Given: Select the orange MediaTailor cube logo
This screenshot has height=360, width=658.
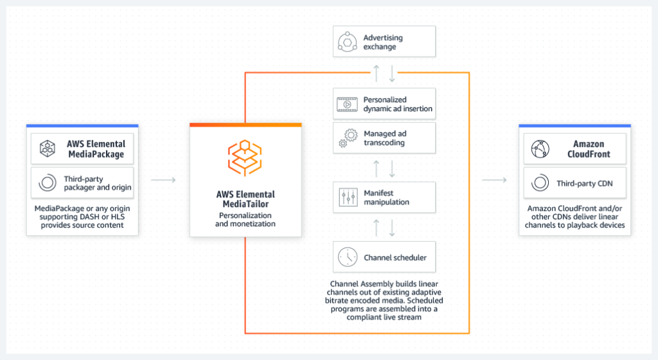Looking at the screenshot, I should tap(245, 158).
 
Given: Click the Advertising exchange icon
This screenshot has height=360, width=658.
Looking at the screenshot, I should tap(348, 42).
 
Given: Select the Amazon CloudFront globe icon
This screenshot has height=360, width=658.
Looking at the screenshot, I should tap(540, 149).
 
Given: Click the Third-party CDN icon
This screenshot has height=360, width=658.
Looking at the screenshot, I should tap(540, 183).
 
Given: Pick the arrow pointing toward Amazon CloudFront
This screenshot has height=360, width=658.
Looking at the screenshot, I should tap(494, 180).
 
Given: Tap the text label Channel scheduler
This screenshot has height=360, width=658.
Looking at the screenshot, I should tap(395, 258).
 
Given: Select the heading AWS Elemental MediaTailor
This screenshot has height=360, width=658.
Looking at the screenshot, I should tap(245, 199).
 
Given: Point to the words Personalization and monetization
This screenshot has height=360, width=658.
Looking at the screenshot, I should tap(245, 219).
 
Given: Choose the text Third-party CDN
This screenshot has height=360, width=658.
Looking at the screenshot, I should tap(584, 183).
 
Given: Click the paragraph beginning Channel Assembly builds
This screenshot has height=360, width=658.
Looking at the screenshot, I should tap(386, 300).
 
